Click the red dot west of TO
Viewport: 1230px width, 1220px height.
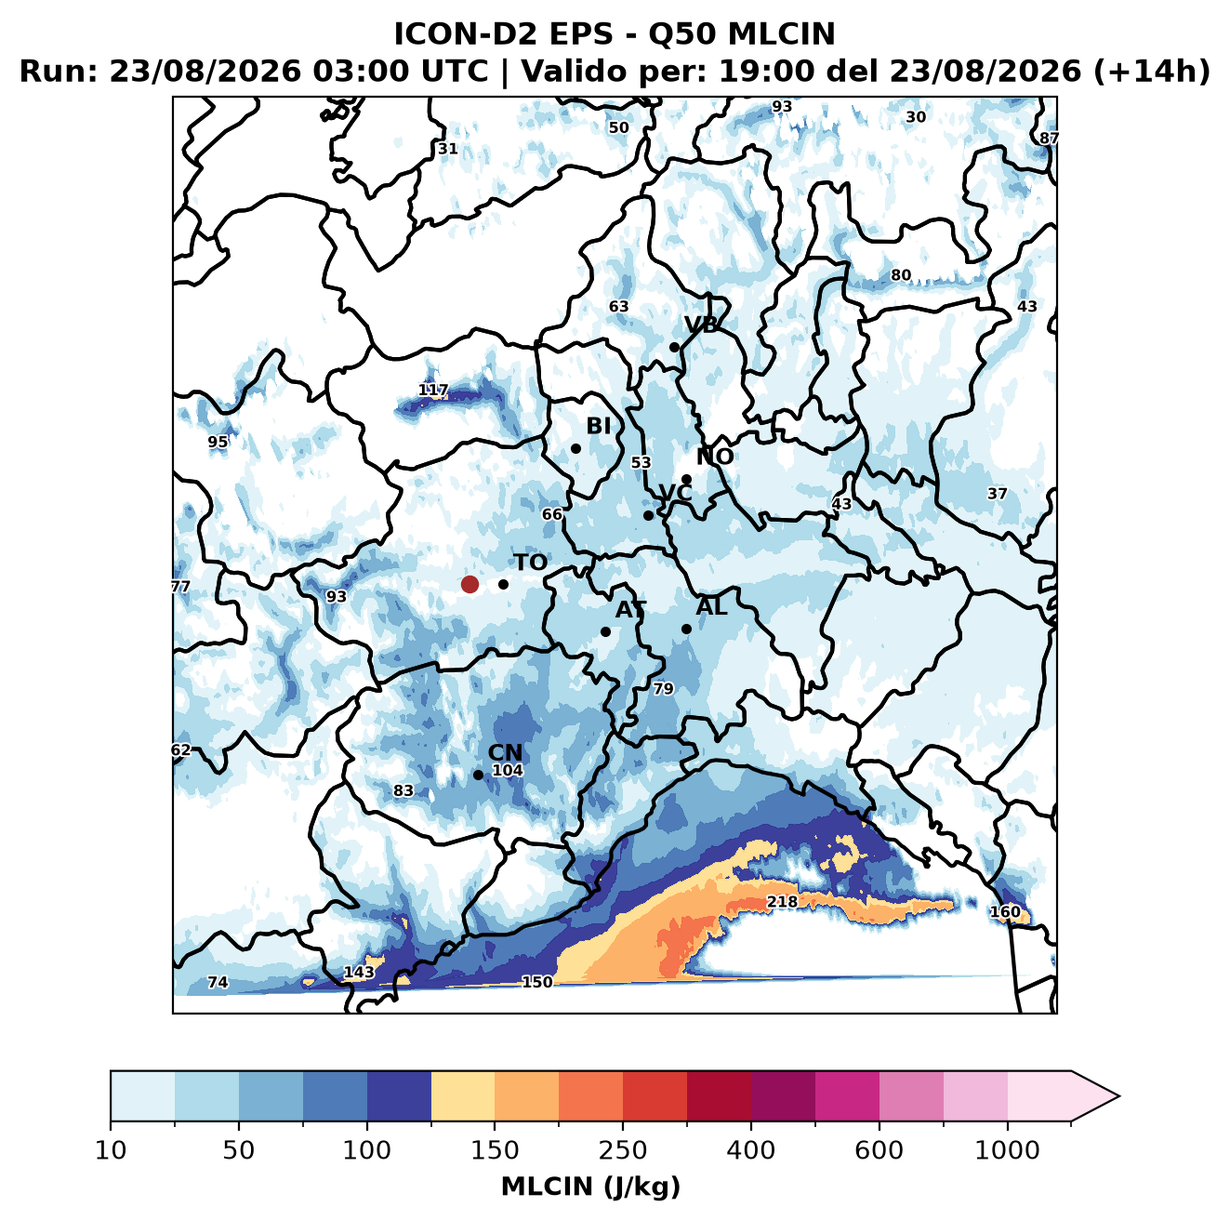[470, 584]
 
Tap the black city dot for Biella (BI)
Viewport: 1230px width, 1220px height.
[575, 448]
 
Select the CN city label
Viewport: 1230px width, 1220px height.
[505, 752]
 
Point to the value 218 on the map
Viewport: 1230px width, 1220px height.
[782, 901]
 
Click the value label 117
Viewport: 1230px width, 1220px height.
[433, 389]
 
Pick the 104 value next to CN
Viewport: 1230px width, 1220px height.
[508, 770]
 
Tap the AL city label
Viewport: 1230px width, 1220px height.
[711, 606]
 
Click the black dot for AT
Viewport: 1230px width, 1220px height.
[605, 631]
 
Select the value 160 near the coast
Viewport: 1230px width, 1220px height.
[1005, 911]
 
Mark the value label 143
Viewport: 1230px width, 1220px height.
[359, 972]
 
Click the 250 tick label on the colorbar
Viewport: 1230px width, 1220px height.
[622, 1149]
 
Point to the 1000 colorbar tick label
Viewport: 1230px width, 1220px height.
[1007, 1149]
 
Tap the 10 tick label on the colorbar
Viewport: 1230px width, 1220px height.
[111, 1149]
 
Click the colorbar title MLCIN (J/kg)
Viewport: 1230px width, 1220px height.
[590, 1187]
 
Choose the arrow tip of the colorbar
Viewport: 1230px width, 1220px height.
[1119, 1096]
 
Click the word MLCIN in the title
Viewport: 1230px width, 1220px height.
[781, 33]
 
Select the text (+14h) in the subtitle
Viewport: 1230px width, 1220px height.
[1152, 72]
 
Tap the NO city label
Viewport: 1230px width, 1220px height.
[714, 457]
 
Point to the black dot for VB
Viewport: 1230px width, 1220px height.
[674, 347]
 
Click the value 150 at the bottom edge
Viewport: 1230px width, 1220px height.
[536, 981]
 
